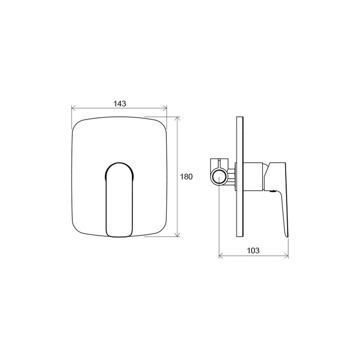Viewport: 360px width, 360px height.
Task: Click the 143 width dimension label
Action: [120, 104]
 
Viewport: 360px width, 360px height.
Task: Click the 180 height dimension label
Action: [186, 177]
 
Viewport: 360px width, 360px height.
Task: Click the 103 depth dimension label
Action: [253, 251]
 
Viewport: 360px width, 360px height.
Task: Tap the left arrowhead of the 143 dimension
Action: [73, 108]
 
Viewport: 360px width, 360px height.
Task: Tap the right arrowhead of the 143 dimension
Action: [165, 108]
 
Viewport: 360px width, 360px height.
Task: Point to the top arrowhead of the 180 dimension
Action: [177, 119]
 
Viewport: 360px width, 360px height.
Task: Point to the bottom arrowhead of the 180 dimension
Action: [177, 234]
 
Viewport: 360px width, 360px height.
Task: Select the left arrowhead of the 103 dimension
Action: [221, 256]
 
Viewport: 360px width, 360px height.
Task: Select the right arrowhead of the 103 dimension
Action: [286, 256]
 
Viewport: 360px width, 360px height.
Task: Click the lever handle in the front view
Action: [120, 200]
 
